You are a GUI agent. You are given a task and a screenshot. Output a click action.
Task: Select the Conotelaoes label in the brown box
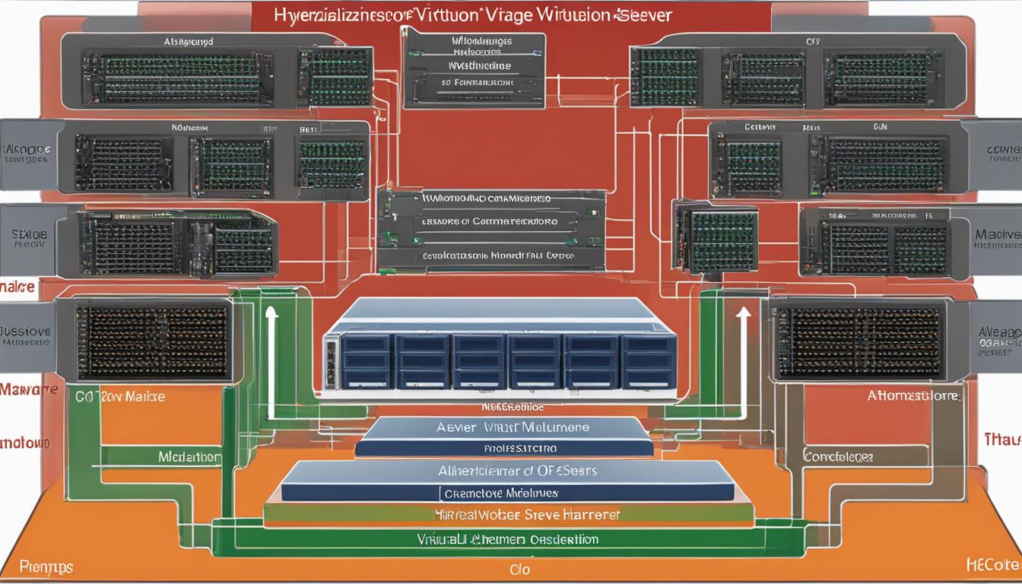[839, 457]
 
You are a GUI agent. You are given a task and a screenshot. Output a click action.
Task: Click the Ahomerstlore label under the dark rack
[913, 395]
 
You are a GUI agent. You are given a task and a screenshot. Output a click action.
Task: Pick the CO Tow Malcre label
[120, 396]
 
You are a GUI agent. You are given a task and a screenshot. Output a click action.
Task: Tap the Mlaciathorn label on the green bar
[190, 457]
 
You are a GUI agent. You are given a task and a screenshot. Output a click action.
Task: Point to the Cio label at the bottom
[520, 569]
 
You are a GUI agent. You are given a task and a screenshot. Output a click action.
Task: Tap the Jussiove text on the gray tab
[26, 332]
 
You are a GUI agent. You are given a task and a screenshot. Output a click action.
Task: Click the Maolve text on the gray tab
[998, 236]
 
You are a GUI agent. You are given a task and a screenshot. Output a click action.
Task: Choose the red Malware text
[29, 389]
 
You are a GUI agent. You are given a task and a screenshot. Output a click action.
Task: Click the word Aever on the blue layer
[456, 428]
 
